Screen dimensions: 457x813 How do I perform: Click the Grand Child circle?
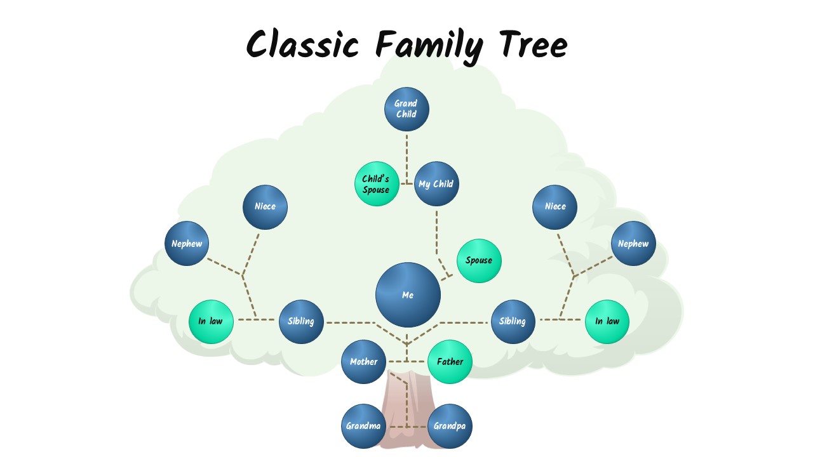pos(406,109)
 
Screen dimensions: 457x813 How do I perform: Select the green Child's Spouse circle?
pos(376,183)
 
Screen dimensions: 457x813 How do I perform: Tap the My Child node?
pos(436,184)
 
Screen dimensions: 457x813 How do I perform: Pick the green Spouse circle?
pos(479,260)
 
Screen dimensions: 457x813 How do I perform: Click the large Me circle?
pos(408,295)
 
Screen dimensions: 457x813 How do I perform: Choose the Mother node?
pos(363,362)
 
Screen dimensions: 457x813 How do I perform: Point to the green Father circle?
pos(450,362)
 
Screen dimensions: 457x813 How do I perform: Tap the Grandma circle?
pos(363,426)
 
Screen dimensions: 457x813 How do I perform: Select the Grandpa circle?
pos(450,426)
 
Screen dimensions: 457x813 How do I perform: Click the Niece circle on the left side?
pos(265,206)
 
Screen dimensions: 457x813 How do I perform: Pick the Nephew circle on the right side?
pos(633,244)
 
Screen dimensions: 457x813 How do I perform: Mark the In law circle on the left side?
pos(211,321)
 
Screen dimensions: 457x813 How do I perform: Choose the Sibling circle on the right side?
pos(513,321)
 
